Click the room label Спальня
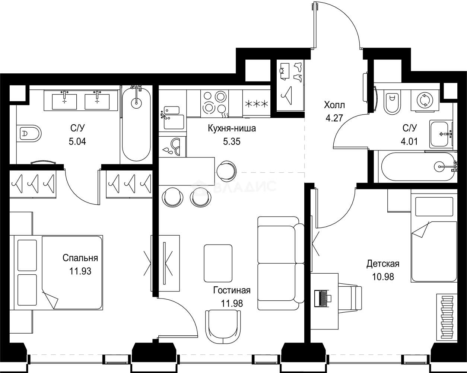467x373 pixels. point(80,258)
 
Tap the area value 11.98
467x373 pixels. point(232,303)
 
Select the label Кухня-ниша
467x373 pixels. point(232,128)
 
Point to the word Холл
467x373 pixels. point(334,105)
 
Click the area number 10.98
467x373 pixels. point(383,277)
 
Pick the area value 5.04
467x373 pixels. point(77,141)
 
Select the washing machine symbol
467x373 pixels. point(425,101)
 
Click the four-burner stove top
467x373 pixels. point(215,104)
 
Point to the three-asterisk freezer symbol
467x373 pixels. point(257,104)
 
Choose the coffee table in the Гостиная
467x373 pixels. point(218,263)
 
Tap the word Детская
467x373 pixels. point(383,264)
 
